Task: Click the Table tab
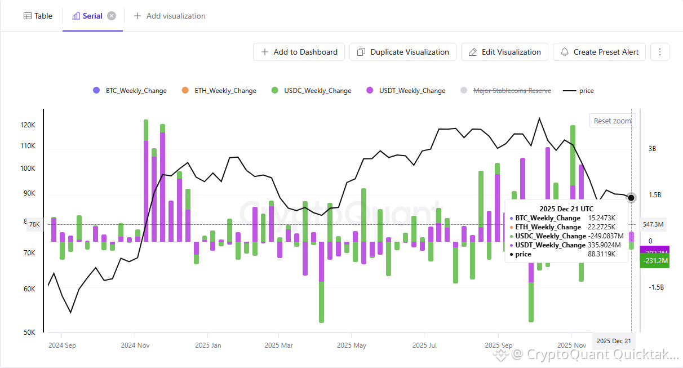(38, 16)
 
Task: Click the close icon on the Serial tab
(112, 16)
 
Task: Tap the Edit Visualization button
(504, 52)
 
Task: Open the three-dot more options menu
(660, 52)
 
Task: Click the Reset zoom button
(612, 121)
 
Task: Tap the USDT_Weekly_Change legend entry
(406, 91)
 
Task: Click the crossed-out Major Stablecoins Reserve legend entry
(505, 91)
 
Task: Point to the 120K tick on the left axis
(28, 125)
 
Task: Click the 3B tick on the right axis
(653, 149)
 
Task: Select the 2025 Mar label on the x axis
(278, 345)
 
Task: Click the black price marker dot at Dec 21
(631, 197)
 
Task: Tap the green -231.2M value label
(655, 261)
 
